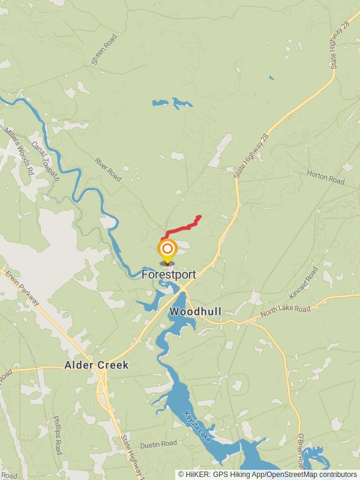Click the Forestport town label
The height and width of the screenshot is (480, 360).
(x=169, y=274)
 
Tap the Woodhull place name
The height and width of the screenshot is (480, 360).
(x=196, y=312)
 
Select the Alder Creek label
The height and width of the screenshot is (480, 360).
(x=97, y=365)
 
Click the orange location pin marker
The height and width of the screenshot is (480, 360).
(x=167, y=250)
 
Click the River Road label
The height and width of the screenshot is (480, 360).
(x=108, y=170)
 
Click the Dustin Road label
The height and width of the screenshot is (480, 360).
(x=158, y=444)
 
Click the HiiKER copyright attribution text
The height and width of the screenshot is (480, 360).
(x=267, y=474)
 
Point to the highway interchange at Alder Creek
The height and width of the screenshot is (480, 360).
(x=103, y=384)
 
